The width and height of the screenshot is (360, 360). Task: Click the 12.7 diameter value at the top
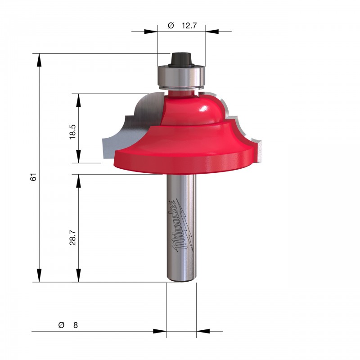(x=189, y=26)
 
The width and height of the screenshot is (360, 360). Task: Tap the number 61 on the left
(x=33, y=177)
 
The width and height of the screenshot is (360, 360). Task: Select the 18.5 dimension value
(x=72, y=132)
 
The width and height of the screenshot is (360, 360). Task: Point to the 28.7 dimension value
(x=72, y=238)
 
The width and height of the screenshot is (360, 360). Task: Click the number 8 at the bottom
(x=76, y=325)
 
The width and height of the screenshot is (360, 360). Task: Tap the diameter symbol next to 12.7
(x=171, y=26)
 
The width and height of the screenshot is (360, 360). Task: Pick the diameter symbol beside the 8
(x=61, y=325)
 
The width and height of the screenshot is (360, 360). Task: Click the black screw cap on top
(x=181, y=59)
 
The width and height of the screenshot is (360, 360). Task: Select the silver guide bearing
(x=181, y=77)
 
